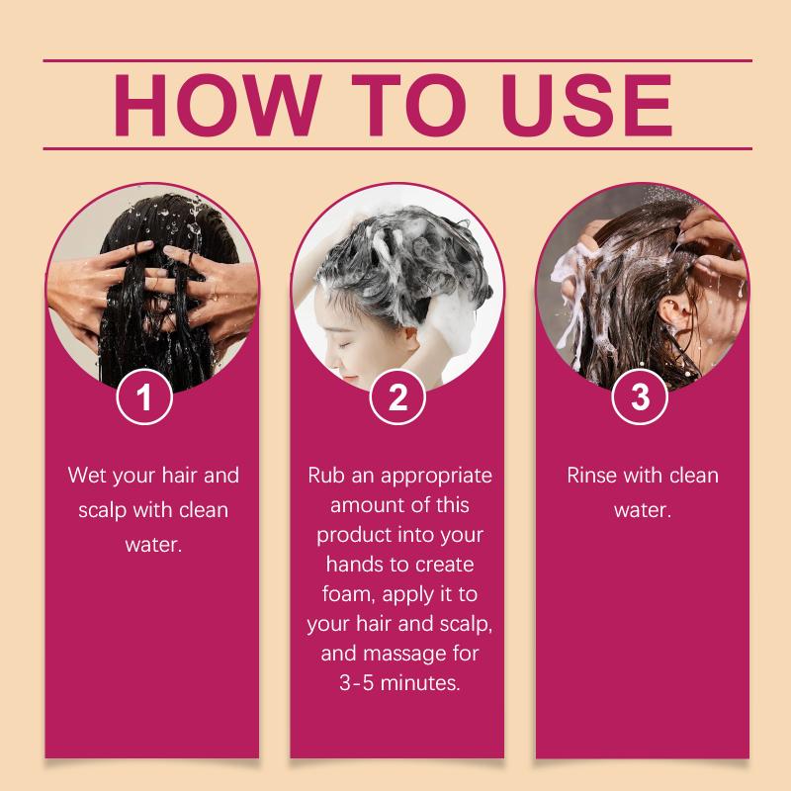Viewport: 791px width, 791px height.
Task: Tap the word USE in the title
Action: click(587, 105)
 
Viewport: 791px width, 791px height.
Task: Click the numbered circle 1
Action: click(144, 396)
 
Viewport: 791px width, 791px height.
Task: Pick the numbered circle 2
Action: click(397, 396)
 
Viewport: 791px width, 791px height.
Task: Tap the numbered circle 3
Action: click(640, 396)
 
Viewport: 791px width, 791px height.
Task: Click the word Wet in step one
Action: click(87, 476)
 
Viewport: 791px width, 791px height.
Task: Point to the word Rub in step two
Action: click(326, 476)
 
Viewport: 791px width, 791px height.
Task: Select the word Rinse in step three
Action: click(592, 476)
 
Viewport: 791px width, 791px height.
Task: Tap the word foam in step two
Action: click(348, 594)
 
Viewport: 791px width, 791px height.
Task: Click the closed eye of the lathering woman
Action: click(344, 343)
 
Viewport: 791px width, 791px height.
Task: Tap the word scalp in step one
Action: click(103, 510)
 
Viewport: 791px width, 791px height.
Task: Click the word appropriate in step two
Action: click(436, 477)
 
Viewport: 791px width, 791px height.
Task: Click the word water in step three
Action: click(643, 510)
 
